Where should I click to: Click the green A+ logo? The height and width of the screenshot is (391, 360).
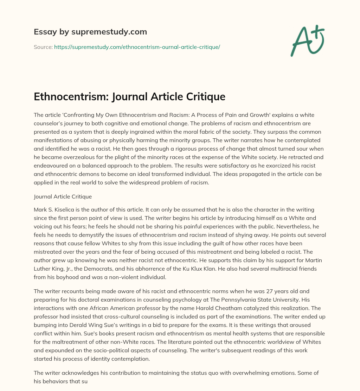pyautogui.click(x=307, y=41)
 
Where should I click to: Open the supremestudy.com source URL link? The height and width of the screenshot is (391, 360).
pyautogui.click(x=137, y=47)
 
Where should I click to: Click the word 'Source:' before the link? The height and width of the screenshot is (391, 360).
pyautogui.click(x=43, y=47)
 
